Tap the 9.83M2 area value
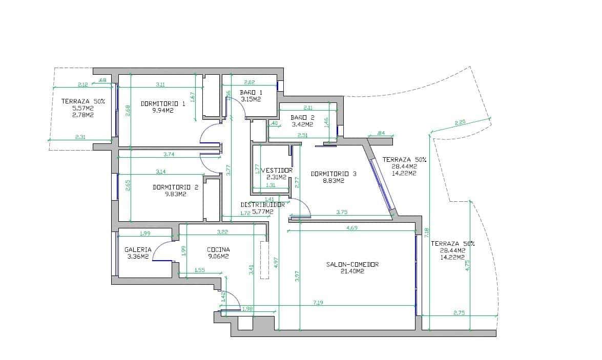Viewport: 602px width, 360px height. [175, 194]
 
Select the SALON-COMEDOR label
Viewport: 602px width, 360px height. [352, 264]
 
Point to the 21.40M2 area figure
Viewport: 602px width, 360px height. [352, 271]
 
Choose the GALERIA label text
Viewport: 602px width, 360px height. [138, 250]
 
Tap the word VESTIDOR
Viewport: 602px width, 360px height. [277, 171]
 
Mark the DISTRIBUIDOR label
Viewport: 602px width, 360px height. [262, 204]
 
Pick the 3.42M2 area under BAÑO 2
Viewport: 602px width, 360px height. [302, 124]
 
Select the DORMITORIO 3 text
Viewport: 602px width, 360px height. [334, 174]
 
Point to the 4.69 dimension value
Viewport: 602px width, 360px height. [352, 227]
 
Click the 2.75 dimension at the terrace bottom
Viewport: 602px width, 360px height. [459, 312]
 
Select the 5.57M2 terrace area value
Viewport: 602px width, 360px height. [82, 109]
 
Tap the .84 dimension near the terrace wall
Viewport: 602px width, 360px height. [381, 133]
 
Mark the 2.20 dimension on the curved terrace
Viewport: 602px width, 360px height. [460, 122]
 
